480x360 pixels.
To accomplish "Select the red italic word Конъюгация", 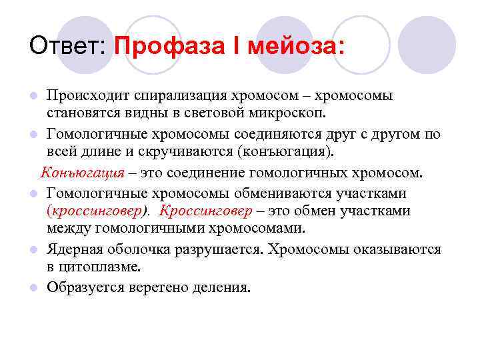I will (x=83, y=173).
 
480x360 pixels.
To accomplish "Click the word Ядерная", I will (x=75, y=249).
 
